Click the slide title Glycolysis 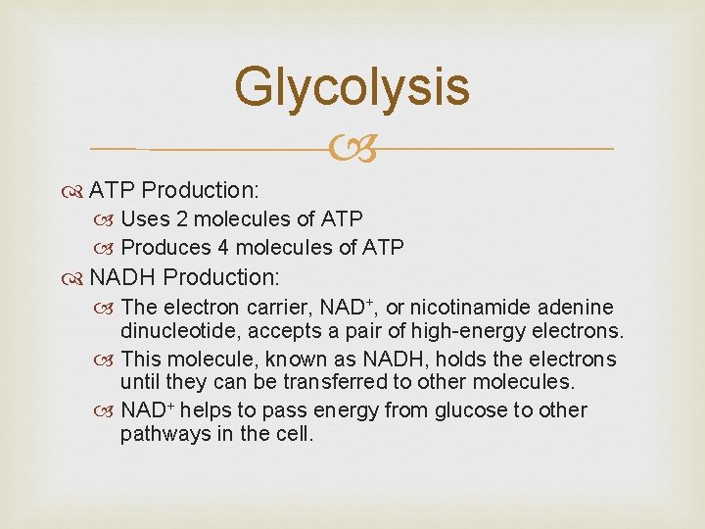tap(352, 86)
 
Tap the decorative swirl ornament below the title tap(352, 149)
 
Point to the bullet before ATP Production tap(76, 189)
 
